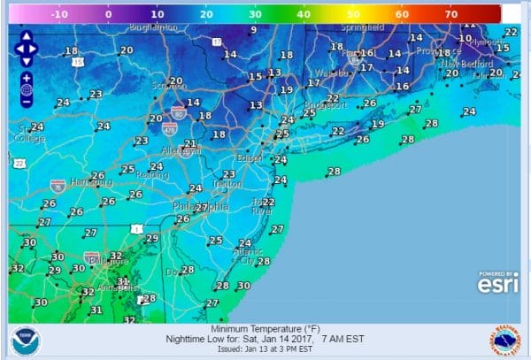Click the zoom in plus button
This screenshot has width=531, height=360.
26,77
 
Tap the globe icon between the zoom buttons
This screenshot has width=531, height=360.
26,89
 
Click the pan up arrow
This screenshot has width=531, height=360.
26,37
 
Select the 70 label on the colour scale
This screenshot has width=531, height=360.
450,14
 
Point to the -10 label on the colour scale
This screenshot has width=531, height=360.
60,14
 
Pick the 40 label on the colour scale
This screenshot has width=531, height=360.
304,14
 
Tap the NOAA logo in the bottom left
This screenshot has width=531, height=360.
24,341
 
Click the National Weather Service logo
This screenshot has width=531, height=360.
504,341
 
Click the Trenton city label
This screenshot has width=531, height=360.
227,185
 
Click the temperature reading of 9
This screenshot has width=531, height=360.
253,29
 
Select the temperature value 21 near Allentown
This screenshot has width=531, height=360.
189,143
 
